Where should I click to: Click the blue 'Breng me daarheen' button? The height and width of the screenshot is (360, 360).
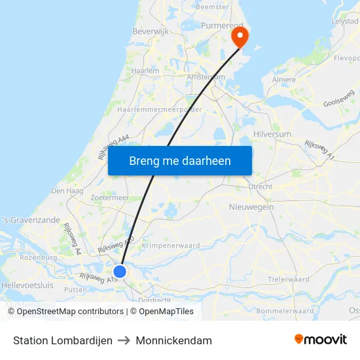tap(180, 160)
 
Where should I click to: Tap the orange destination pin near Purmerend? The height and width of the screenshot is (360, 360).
tap(240, 35)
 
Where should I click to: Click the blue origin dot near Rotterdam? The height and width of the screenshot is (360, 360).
tap(119, 271)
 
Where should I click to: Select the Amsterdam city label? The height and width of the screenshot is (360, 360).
tap(206, 77)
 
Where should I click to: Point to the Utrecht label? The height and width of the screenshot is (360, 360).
tap(260, 187)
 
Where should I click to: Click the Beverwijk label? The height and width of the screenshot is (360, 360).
tap(151, 31)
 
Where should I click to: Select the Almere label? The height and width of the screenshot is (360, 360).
tap(284, 79)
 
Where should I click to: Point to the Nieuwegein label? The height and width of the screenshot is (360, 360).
tap(251, 207)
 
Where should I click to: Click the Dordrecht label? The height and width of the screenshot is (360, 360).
tap(155, 300)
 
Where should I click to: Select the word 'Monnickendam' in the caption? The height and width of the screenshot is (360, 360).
tap(174, 340)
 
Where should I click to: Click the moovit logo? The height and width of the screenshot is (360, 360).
tap(321, 339)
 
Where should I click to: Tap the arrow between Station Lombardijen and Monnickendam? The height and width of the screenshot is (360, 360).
tap(124, 340)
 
